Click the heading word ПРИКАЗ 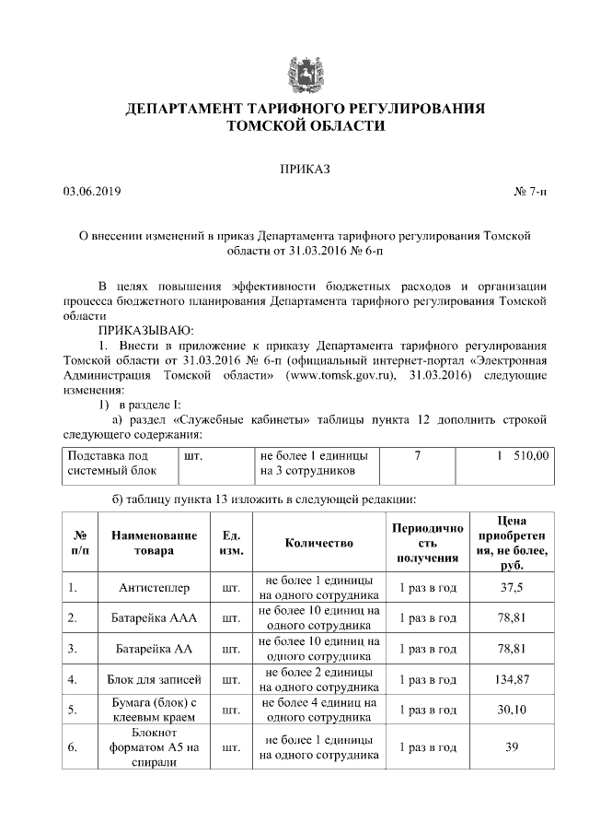[x=304, y=170]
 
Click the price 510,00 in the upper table [x=529, y=455]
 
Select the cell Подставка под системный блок [x=115, y=463]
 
